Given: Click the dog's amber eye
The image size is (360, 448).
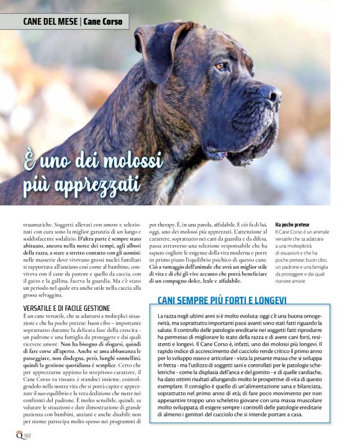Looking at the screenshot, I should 220,66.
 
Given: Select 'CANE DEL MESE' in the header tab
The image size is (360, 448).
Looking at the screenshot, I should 50,22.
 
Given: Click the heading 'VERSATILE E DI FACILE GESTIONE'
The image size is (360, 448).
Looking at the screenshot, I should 66,308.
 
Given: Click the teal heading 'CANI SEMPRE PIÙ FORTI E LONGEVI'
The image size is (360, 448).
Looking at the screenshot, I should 222,300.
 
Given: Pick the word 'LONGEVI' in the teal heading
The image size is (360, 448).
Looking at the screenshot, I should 268,300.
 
